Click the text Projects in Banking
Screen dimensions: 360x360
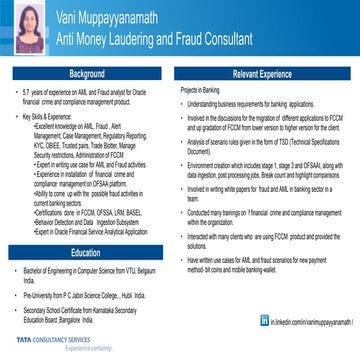point(201,91)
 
